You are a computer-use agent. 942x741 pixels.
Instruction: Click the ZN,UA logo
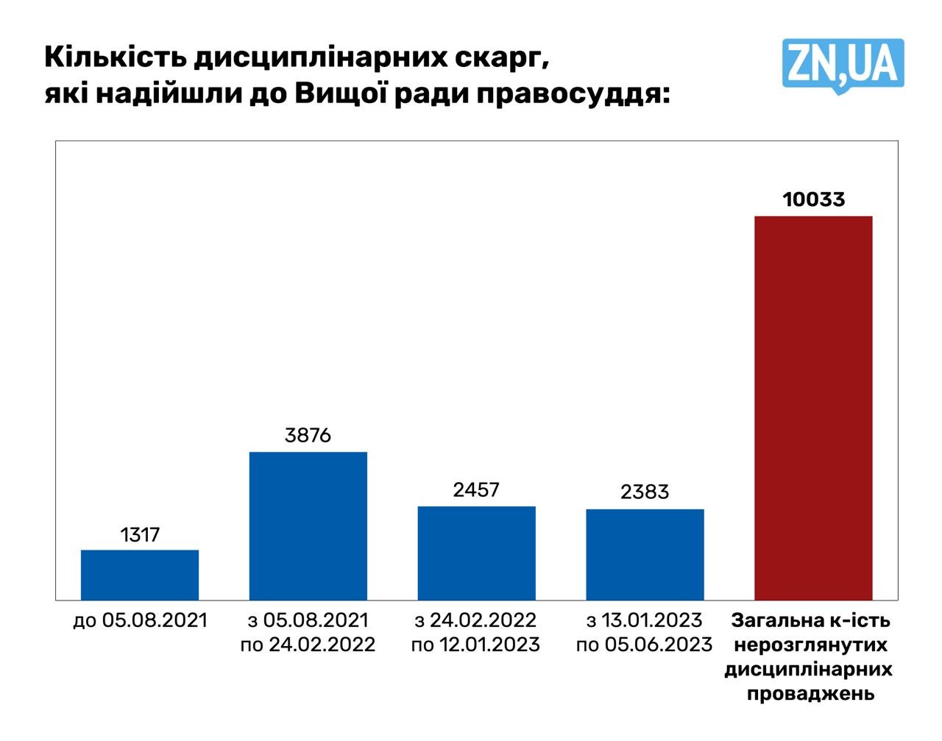(843, 65)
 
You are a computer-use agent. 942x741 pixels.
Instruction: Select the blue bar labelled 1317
(140, 575)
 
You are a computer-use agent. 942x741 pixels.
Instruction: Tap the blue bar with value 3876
(308, 525)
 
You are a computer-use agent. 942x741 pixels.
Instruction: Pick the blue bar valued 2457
(476, 553)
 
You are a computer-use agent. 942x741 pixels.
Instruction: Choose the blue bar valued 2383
(645, 554)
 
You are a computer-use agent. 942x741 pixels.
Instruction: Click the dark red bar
(813, 408)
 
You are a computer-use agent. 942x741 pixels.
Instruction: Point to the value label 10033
(813, 199)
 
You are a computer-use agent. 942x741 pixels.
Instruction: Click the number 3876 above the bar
(308, 436)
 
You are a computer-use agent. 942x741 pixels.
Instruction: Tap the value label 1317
(140, 534)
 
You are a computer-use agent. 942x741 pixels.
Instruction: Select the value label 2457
(476, 490)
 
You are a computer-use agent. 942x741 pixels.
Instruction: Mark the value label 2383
(645, 492)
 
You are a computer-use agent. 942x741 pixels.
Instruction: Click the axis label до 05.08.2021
(140, 620)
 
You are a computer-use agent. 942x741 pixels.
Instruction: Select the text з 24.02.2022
(476, 620)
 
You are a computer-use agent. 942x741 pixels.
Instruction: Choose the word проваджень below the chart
(810, 694)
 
